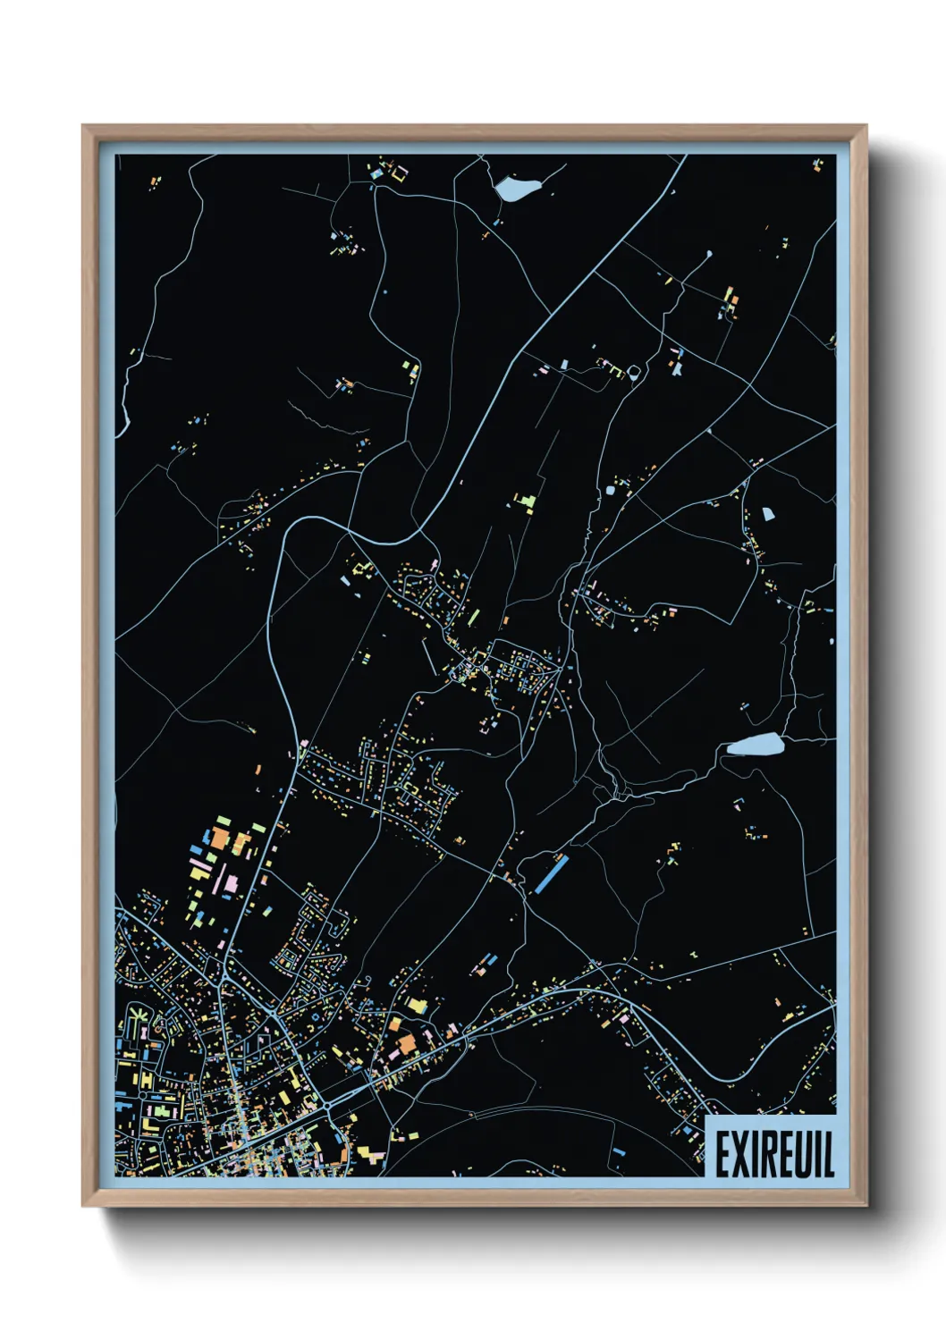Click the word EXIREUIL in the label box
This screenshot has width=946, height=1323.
(x=774, y=1153)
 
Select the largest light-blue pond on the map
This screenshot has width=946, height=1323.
(x=755, y=744)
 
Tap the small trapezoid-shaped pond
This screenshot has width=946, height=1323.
(x=767, y=514)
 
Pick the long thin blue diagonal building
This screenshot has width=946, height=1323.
(x=550, y=873)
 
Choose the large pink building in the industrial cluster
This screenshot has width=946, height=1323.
(x=231, y=884)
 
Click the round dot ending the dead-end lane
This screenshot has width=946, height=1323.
(x=710, y=253)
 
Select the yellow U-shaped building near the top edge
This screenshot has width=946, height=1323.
(x=398, y=171)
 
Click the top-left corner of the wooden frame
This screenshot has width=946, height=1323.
(x=83, y=126)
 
